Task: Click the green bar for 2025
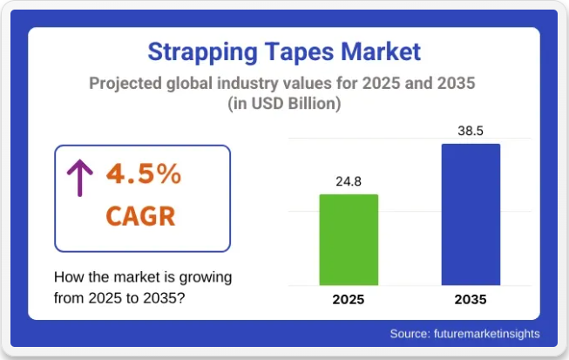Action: point(349,240)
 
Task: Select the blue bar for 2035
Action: point(471,214)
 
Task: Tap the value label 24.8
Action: point(349,181)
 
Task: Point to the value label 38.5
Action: point(471,131)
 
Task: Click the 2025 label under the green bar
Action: point(349,299)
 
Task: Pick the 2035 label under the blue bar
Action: point(471,299)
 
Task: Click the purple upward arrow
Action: point(80,178)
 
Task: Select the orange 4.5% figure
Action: point(144,174)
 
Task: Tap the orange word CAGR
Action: point(140,216)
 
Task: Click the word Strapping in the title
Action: point(202,52)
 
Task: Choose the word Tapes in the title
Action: point(299,52)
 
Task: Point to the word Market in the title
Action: point(381,51)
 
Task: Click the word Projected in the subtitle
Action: point(125,84)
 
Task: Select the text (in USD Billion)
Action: point(284,104)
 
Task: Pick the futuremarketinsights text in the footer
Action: point(487,334)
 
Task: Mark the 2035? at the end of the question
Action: point(164,298)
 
